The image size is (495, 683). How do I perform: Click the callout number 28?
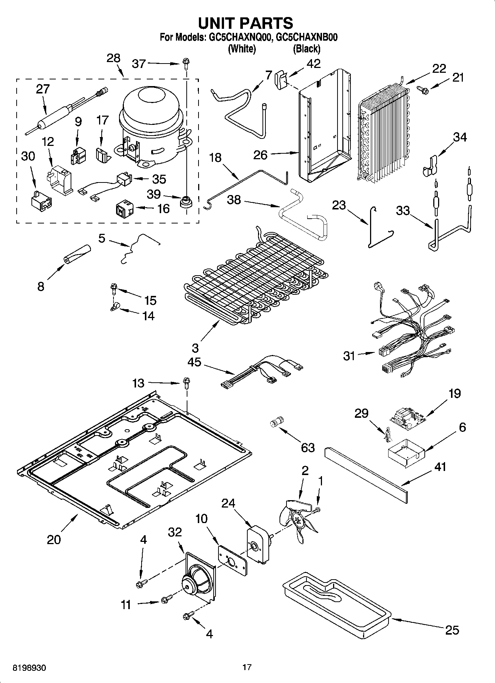[x=113, y=58]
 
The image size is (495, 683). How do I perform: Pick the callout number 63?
[x=308, y=447]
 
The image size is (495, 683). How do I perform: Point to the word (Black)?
[x=306, y=49]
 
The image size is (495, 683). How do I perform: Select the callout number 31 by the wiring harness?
[x=349, y=356]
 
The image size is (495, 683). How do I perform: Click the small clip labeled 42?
[x=281, y=79]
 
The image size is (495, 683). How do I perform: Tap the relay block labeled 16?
[x=123, y=209]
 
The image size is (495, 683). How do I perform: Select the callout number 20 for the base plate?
[x=54, y=540]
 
